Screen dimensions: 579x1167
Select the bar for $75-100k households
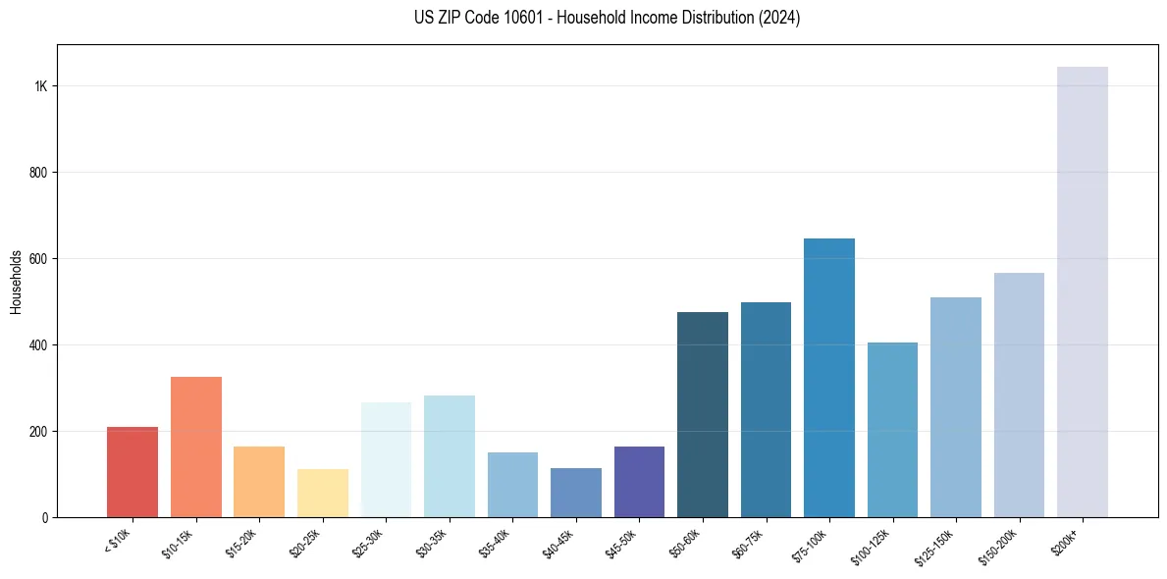(828, 378)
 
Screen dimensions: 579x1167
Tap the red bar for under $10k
(133, 472)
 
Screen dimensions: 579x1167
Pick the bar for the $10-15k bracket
(195, 447)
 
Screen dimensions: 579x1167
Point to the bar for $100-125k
(892, 430)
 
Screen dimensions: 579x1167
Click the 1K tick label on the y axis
(40, 86)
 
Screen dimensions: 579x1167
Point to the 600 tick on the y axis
(38, 259)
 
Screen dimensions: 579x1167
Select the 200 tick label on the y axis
(38, 432)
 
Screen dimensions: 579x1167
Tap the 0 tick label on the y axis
(44, 517)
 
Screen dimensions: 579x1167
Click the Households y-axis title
(17, 282)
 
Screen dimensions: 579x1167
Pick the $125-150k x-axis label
(932, 546)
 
